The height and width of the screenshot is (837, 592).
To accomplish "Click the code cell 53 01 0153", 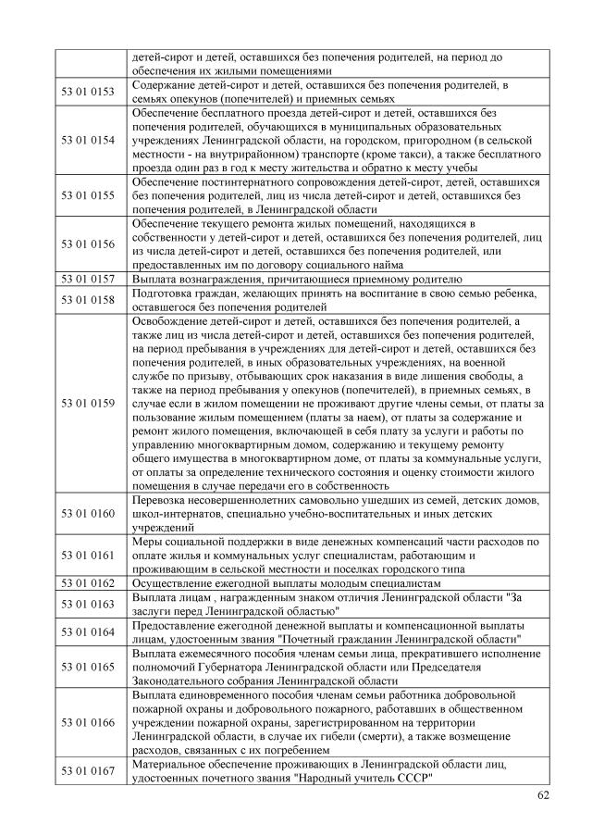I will click(88, 92).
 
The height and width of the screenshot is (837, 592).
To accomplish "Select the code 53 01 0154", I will click(88, 140).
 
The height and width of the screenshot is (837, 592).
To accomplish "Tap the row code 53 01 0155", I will click(88, 196).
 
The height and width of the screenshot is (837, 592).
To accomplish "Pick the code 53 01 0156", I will click(88, 244).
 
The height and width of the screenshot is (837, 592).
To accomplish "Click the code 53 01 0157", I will click(88, 278).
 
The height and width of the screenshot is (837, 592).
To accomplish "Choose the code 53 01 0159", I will click(88, 403).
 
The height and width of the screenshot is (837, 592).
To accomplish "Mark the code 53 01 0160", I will click(88, 513).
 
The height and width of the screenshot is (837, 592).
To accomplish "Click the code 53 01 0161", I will click(88, 556).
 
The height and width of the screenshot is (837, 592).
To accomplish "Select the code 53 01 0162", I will click(88, 583).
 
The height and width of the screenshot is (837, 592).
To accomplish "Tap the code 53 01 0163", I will click(88, 605).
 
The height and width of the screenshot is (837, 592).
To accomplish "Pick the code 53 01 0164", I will click(88, 632).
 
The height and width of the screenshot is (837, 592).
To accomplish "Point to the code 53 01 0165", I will click(88, 667).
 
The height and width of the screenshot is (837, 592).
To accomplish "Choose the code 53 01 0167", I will click(88, 771).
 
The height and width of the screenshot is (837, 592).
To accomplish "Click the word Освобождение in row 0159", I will click(173, 320).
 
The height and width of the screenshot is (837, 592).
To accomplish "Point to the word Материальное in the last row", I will click(171, 765).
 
